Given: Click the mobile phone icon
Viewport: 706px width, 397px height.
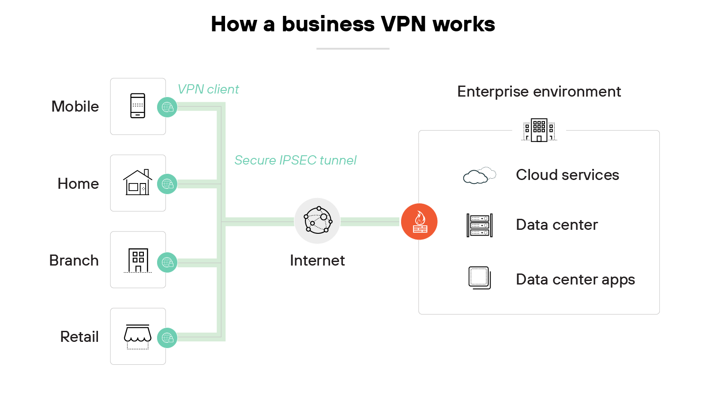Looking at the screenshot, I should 138,106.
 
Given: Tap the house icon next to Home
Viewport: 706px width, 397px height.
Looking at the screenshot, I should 138,183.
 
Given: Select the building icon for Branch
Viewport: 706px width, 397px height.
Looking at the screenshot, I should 138,260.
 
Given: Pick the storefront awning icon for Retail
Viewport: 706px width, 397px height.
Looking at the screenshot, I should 138,336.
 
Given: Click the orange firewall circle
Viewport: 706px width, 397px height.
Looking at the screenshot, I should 419,221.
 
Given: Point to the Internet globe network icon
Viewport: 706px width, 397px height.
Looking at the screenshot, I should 317,221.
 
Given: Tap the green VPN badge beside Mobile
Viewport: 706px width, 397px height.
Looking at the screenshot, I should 167,107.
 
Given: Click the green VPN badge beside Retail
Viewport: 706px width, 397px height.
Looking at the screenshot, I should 167,338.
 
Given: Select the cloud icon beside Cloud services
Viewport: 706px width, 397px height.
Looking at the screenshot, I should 479,176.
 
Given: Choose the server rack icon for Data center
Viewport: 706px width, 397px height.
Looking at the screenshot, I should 480,225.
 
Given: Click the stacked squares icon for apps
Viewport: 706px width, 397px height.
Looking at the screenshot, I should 480,278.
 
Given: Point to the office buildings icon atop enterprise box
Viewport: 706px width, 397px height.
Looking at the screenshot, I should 539,130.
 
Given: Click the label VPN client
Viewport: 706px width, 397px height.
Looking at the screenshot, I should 208,90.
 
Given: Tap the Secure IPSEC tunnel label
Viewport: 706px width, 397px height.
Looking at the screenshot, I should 295,160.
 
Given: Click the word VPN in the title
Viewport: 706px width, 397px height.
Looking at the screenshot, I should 404,24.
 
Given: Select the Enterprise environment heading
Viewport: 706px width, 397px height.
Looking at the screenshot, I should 539,92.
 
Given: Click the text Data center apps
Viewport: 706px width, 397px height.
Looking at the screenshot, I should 575,280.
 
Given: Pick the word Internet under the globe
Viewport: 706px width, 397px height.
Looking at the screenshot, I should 317,261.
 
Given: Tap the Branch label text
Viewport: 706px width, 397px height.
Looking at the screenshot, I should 74,261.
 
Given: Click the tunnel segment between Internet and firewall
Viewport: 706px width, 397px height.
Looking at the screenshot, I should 370,221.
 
